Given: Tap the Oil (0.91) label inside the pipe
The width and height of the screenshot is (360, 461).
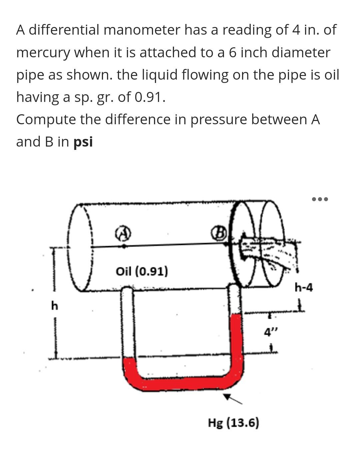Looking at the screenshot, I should tap(142, 271).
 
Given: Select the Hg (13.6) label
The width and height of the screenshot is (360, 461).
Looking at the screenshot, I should tap(233, 423).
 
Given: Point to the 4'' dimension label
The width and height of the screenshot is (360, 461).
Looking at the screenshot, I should tap(270, 332).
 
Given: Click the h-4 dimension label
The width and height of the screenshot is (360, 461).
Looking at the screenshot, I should tap(304, 287).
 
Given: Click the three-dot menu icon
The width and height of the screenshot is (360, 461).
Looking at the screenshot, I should tap(320, 199).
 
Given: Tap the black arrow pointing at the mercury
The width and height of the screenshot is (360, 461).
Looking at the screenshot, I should tap(232, 398).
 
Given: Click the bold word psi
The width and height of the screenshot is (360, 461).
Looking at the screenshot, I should tap(83, 142).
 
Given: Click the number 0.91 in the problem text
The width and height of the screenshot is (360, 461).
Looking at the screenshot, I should tap(150, 97).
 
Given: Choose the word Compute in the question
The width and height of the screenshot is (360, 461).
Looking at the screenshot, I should tap(46, 120).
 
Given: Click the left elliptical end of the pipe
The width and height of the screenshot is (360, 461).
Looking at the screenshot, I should tap(80, 247).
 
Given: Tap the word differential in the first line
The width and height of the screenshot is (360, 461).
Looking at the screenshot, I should tap(64, 30).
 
